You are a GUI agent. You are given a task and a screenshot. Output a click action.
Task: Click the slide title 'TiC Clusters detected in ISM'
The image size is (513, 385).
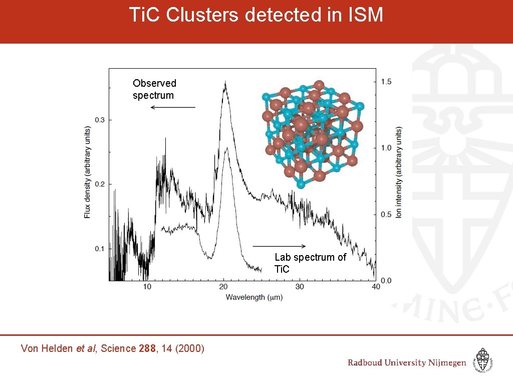pos(256,15)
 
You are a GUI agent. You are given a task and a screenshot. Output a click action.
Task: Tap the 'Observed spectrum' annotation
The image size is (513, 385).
pos(154,89)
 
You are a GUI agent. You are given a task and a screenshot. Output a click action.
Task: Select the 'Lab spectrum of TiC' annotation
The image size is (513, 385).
pos(310,263)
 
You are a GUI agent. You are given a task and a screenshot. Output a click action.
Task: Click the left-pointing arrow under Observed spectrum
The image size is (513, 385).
pos(173,107)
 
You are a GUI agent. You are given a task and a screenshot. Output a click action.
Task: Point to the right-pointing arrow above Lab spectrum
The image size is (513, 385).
pos(279,246)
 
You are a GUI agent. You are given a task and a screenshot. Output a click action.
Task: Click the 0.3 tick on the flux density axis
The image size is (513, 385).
pos(101,120)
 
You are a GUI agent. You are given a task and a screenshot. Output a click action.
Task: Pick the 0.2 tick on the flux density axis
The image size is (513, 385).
pos(101,184)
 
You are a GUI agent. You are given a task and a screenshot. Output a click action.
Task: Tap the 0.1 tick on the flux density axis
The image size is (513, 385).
pos(101,249)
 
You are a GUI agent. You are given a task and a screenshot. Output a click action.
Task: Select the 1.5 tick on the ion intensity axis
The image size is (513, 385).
pos(386,82)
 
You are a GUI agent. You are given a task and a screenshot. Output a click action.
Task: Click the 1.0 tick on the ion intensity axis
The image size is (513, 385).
pos(386,148)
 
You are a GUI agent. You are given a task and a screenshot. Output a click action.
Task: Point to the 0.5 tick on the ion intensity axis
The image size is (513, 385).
pos(386,215)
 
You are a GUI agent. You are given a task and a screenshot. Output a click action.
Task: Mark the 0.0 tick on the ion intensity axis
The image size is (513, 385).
pos(386,281)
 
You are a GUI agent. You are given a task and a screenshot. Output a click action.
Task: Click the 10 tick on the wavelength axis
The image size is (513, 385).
pos(147,287)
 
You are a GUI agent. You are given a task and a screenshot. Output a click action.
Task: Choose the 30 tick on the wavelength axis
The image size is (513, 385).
pos(300,287)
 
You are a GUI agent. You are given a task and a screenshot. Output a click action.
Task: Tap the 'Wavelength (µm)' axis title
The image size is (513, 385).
pos(254,297)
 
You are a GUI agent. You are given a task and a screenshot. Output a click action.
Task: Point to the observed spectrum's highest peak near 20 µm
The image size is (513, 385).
pos(225,82)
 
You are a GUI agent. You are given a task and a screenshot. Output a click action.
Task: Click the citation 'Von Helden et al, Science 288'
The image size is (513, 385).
pos(112,348)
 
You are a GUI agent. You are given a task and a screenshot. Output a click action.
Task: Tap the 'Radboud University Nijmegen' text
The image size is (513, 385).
pos(407,363)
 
